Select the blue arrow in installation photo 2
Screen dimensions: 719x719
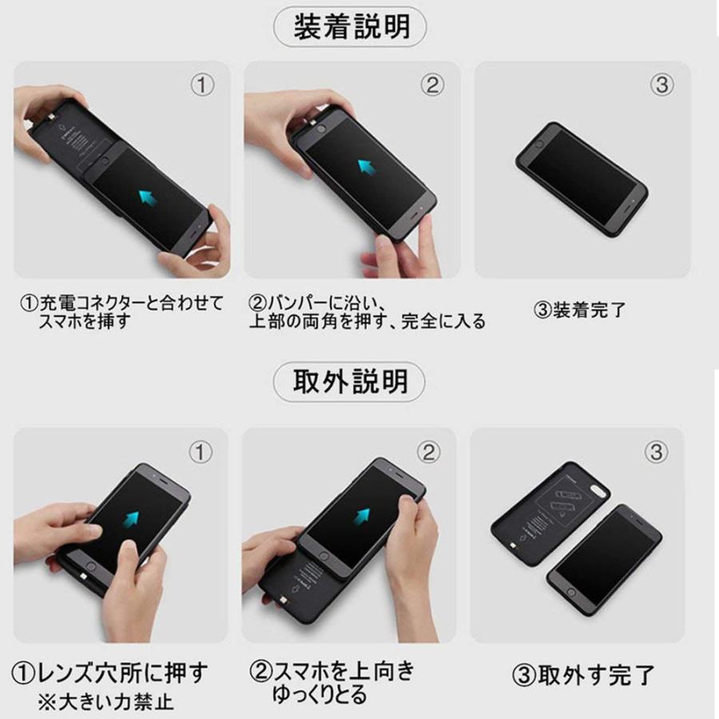point(367,168)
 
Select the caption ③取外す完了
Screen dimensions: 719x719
point(582,675)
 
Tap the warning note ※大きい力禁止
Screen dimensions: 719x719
point(105,703)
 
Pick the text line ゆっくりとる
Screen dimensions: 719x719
point(320,693)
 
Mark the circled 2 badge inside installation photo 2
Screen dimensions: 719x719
point(432,85)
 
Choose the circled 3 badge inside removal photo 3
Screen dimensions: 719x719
point(656,452)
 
